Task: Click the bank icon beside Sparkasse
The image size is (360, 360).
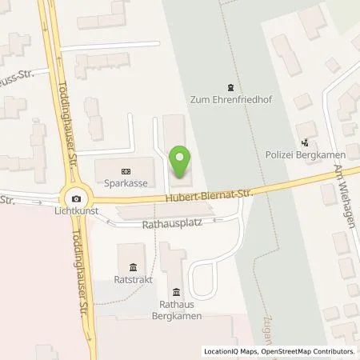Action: pyautogui.click(x=126, y=171)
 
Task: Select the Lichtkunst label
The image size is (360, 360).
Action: pyautogui.click(x=76, y=212)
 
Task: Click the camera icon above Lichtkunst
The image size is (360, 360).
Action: pyautogui.click(x=76, y=199)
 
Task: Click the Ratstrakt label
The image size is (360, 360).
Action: pyautogui.click(x=131, y=282)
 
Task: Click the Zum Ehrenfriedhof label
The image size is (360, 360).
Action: pyautogui.click(x=230, y=101)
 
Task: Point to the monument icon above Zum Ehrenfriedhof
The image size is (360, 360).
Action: pyautogui.click(x=230, y=87)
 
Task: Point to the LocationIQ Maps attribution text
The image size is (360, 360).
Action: pyautogui.click(x=232, y=351)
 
